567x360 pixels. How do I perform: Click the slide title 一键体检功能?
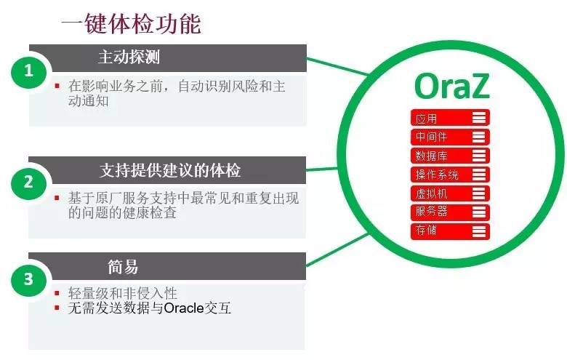coord(131,24)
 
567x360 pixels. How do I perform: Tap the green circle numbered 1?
coord(29,71)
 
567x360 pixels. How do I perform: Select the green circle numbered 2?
coord(29,182)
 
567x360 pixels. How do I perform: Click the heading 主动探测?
coord(129,57)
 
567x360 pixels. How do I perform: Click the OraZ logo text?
coord(452,86)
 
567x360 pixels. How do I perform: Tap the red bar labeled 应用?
coord(450,117)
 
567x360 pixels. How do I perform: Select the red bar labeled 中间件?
coord(450,137)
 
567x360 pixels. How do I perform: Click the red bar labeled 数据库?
coord(450,156)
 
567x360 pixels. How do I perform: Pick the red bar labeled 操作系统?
coord(450,175)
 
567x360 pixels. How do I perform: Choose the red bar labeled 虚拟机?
coord(450,193)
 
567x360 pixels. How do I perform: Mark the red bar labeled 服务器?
coord(450,212)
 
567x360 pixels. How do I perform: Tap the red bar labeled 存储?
coord(450,231)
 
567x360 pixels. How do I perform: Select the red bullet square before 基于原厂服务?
coord(57,198)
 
